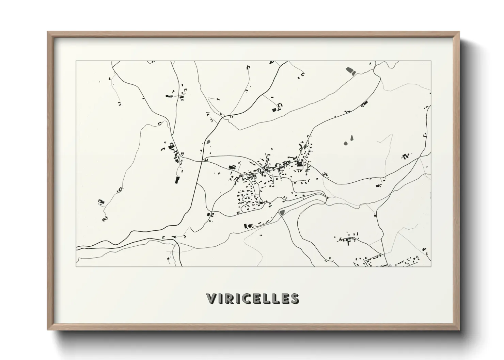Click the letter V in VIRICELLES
(211, 298)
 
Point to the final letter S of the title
(295, 298)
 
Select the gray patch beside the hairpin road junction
(282, 213)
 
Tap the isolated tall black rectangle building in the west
(177, 180)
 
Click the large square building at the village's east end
(300, 164)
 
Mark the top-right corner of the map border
(431, 61)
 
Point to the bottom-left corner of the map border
(76, 266)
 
